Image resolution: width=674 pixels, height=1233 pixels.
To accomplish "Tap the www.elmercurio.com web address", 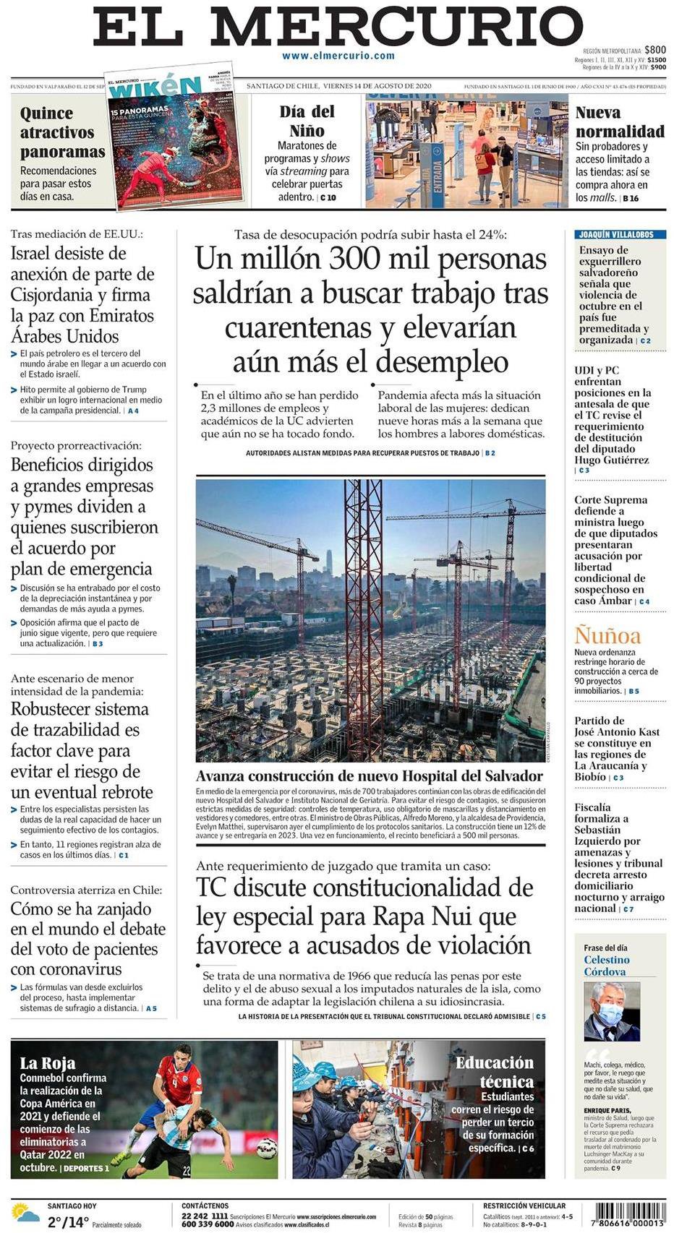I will tap(338, 56).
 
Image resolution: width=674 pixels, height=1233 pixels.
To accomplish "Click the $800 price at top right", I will tap(655, 50).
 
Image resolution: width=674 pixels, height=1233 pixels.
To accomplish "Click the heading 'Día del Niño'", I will tap(307, 121).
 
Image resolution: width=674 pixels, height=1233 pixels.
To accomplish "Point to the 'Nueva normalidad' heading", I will tap(619, 122).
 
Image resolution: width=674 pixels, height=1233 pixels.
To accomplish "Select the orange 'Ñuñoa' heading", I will tap(607, 636).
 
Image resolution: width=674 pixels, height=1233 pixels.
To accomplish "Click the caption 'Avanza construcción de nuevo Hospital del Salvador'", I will tap(369, 776).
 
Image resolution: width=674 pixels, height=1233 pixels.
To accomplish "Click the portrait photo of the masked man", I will tap(611, 1011).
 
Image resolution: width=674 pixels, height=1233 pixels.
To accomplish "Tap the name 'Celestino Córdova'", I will tap(607, 966).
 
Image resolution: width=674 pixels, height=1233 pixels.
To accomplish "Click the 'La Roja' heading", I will tap(48, 1063).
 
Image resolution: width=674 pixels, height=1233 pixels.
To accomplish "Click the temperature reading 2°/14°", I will tap(68, 1223).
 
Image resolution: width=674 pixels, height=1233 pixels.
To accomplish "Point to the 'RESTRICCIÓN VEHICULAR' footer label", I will tap(524, 1206).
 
